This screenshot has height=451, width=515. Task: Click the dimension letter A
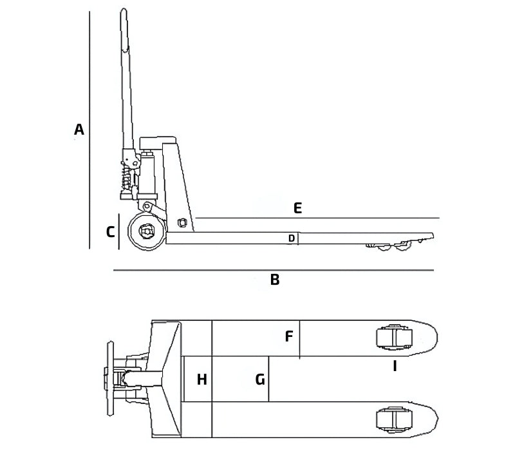(x=79, y=130)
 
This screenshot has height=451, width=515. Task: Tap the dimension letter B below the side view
(x=275, y=280)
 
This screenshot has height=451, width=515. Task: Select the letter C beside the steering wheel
(x=110, y=231)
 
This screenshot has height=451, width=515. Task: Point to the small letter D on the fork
(x=292, y=238)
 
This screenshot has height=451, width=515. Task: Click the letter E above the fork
(x=297, y=208)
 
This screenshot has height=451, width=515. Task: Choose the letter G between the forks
(x=259, y=379)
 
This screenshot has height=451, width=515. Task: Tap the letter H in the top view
(x=201, y=379)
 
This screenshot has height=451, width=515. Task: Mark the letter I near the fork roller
(x=395, y=366)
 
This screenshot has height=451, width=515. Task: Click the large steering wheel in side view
(x=145, y=233)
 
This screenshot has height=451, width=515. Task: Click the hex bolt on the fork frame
(x=181, y=222)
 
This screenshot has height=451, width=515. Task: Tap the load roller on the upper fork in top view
(x=393, y=338)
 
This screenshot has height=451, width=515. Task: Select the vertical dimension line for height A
(x=89, y=129)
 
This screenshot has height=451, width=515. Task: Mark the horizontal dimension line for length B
(x=274, y=271)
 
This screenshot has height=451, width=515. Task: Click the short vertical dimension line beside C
(x=120, y=233)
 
